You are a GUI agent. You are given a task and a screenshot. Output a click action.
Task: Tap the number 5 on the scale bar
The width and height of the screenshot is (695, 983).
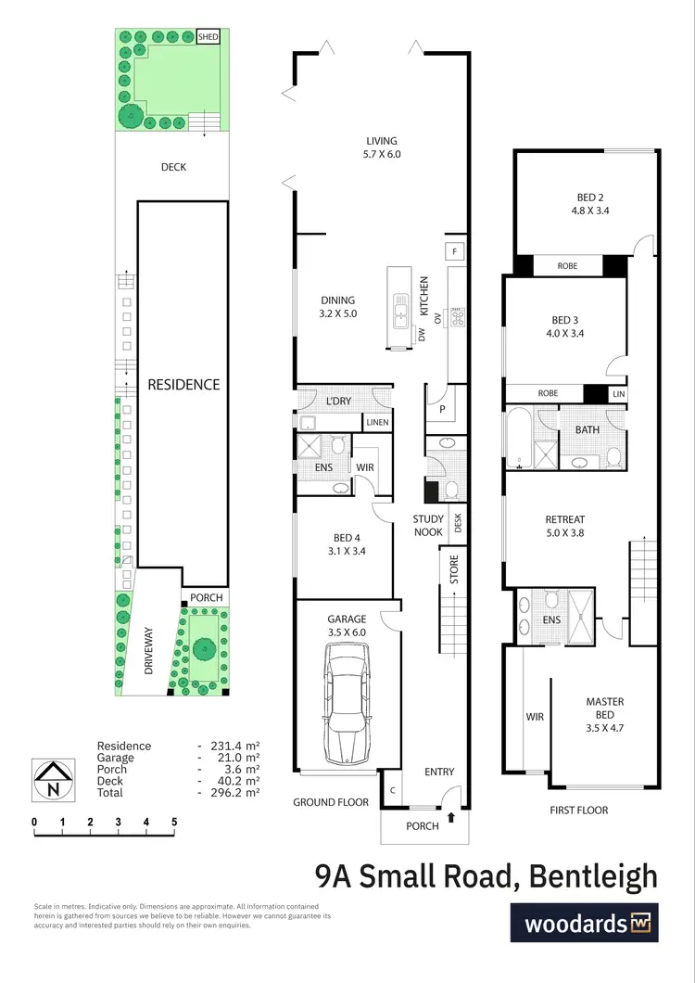pyautogui.click(x=174, y=822)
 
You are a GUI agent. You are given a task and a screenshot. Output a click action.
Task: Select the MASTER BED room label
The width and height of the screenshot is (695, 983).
pyautogui.click(x=604, y=709)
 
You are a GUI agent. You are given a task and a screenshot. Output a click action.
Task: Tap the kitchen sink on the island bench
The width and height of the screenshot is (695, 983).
pyautogui.click(x=401, y=311)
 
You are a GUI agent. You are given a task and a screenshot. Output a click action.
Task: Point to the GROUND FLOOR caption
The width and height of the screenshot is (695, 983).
pyautogui.click(x=331, y=802)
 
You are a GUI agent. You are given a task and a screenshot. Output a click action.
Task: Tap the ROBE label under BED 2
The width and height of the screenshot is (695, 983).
pyautogui.click(x=567, y=266)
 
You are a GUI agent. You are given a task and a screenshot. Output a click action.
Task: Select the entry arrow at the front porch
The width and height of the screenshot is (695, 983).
pyautogui.click(x=451, y=817)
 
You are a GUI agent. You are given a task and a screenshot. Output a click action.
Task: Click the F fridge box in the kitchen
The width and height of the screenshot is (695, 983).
pyautogui.click(x=455, y=251)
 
